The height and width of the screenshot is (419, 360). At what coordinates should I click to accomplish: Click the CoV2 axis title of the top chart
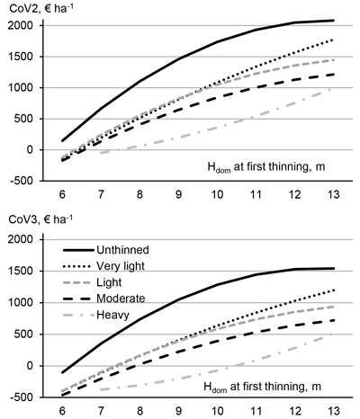point(41,7)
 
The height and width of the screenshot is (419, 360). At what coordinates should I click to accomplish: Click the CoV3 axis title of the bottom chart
point(40,219)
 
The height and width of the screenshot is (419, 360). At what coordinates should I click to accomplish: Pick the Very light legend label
point(121,266)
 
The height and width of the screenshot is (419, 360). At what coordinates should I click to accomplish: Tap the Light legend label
point(109,282)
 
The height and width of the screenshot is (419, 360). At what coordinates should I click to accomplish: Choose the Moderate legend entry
point(121,299)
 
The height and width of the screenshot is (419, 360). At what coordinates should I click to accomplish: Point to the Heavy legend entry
point(112,315)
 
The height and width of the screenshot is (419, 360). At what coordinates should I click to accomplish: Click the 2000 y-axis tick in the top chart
point(21,25)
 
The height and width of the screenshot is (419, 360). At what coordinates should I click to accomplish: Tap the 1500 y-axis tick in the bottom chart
point(21,271)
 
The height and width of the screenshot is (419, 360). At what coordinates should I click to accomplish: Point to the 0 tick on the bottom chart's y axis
point(29,366)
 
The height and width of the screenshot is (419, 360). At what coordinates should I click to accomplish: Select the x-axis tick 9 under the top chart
point(178,195)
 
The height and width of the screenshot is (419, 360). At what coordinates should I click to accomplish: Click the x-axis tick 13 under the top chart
point(334,195)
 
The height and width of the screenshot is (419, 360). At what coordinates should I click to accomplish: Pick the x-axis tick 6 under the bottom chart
point(62,411)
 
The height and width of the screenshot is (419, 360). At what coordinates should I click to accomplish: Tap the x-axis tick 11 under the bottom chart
point(256,411)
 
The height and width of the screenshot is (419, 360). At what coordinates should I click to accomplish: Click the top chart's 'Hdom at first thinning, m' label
point(266,167)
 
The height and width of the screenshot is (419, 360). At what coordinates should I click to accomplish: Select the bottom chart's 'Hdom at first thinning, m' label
point(262,387)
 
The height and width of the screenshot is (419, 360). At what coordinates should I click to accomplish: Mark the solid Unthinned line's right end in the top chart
point(334,21)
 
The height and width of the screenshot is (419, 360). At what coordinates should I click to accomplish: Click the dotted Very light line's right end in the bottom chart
point(334,290)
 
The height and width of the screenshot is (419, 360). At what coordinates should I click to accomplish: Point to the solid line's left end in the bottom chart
point(62,372)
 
